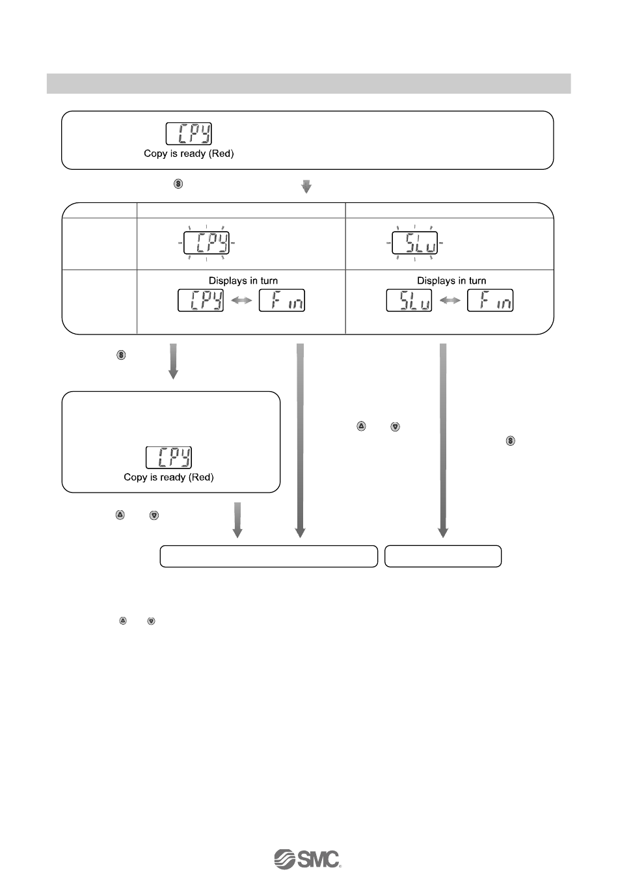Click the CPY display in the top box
point(189,133)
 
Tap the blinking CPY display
point(206,242)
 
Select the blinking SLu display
point(414,242)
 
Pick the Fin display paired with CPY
point(282,300)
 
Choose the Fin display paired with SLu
point(490,300)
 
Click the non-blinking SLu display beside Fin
point(409,300)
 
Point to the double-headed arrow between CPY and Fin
point(241,301)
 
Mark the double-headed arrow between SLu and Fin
point(450,301)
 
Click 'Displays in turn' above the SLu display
point(451,280)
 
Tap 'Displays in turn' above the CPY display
point(243,280)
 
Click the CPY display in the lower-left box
point(168,457)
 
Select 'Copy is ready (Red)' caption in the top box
point(189,154)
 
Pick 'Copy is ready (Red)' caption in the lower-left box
point(168,477)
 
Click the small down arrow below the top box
point(306,187)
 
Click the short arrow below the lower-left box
point(237,519)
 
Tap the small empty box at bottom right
point(443,556)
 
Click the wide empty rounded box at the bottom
point(269,556)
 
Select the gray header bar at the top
point(308,83)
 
